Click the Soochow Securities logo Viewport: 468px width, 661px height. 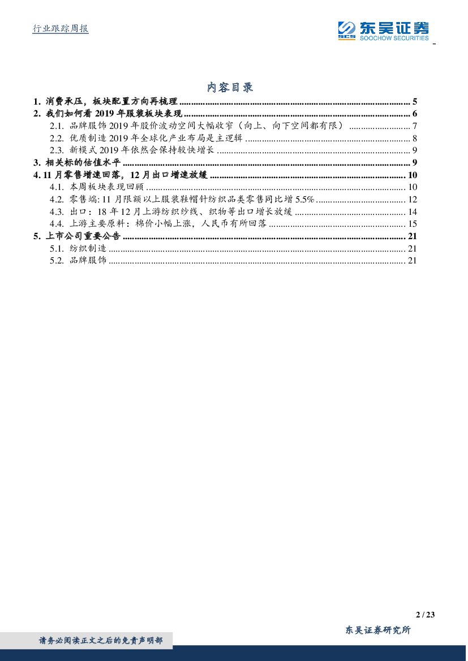(x=383, y=30)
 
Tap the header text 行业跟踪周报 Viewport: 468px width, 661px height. (x=58, y=29)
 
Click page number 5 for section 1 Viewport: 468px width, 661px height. (x=415, y=102)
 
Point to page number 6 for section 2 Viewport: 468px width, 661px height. (x=415, y=114)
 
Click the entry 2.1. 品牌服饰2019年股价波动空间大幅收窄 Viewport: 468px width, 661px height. (x=201, y=126)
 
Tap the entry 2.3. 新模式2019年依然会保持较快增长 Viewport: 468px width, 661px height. (x=132, y=150)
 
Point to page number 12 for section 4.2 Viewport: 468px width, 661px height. (x=412, y=199)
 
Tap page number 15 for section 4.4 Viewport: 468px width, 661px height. (x=412, y=224)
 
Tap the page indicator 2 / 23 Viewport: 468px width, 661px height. (x=424, y=615)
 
